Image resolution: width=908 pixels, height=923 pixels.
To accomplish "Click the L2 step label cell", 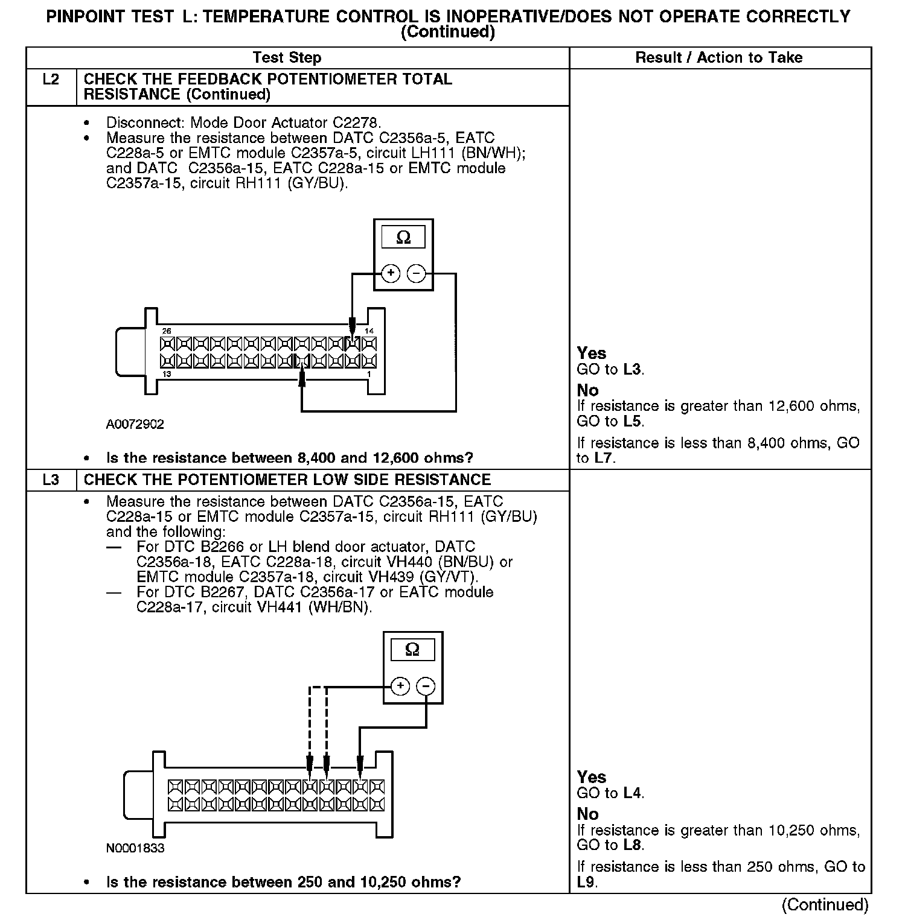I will [51, 80].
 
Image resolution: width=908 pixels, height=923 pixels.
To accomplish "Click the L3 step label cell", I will [51, 480].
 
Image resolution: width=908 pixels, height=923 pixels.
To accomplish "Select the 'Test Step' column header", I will [287, 58].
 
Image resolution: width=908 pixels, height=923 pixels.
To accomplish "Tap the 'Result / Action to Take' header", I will [719, 58].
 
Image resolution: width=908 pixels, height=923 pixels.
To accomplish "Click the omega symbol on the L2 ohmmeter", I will [403, 238].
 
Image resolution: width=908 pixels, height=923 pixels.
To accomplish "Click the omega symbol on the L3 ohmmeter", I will [412, 650].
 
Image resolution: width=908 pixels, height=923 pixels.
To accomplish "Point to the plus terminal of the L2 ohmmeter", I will [391, 273].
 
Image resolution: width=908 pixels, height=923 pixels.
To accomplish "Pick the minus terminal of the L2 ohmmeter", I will [417, 273].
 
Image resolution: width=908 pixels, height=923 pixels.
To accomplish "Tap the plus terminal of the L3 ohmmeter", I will [400, 686].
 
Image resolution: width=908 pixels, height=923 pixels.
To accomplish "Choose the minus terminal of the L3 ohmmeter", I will [426, 686].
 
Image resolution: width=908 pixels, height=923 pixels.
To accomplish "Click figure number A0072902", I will [135, 425].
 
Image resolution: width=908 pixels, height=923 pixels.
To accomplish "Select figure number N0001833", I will [135, 848].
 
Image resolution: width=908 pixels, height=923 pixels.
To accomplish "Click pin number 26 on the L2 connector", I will [167, 331].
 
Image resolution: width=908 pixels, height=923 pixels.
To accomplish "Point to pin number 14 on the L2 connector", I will [369, 331].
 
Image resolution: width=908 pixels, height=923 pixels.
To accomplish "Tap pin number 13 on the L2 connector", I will [167, 374].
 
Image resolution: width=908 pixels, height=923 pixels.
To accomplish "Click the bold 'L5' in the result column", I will [633, 421].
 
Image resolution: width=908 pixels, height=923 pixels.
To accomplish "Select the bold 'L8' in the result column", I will [633, 845].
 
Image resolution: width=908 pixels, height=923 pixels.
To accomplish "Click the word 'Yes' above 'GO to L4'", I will [591, 777].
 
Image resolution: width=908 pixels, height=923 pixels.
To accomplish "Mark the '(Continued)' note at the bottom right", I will [825, 904].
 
